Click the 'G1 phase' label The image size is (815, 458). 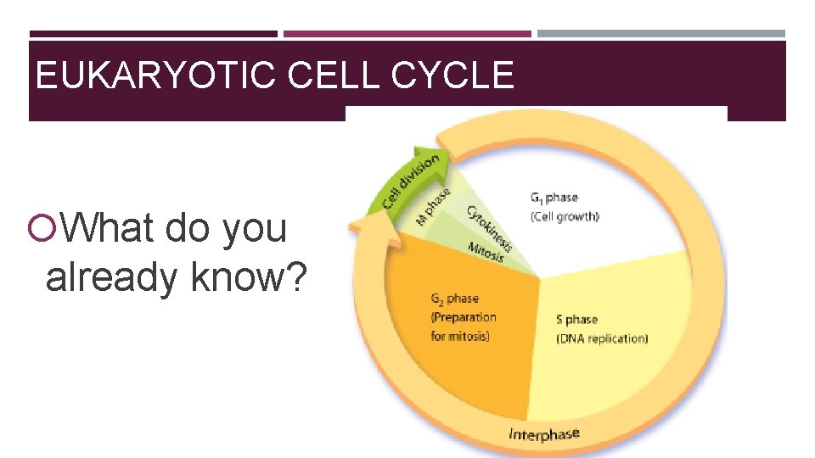[x=554, y=198]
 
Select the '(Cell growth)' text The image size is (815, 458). [x=565, y=216]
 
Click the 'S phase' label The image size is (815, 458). [x=576, y=320]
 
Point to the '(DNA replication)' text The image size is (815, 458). [x=602, y=338]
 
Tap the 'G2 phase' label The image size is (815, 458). [x=454, y=299]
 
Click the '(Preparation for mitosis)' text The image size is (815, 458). [x=463, y=327]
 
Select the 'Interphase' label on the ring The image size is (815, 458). [x=543, y=435]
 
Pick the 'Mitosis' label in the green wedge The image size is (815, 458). [x=486, y=252]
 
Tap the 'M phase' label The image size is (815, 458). [x=433, y=206]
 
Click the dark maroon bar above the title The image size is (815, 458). [x=153, y=34]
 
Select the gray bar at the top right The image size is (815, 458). [x=661, y=34]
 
